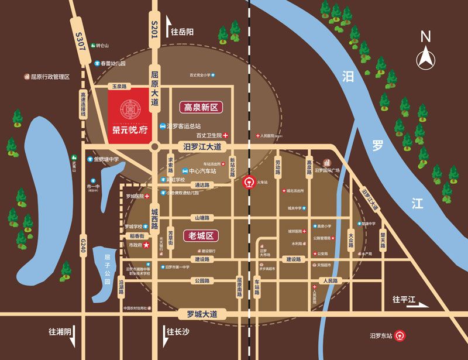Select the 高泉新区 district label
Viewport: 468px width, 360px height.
201,108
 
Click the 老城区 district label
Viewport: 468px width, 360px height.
201,235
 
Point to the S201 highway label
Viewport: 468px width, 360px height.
154,30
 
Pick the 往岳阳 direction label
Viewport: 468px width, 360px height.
181,31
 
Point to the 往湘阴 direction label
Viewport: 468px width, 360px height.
60,331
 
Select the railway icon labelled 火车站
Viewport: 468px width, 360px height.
248,181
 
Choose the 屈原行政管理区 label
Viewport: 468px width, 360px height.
50,77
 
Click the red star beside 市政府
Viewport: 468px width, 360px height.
147,245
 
